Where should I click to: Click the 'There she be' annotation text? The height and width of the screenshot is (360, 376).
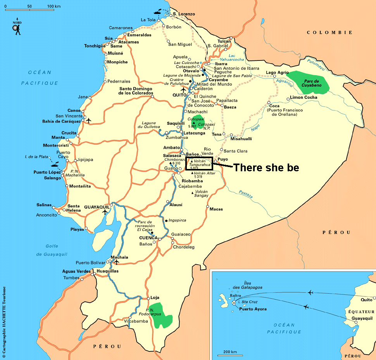(266, 167)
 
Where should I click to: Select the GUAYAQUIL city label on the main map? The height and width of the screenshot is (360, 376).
(97, 207)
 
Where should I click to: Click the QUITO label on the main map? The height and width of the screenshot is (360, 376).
(179, 95)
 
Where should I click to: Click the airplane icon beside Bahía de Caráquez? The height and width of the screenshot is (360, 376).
(88, 121)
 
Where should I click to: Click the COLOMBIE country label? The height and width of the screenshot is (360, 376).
(329, 33)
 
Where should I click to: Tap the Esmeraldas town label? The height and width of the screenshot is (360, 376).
(139, 35)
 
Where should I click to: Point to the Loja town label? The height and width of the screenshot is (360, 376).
(155, 298)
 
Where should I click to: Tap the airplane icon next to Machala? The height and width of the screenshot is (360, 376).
(116, 262)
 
